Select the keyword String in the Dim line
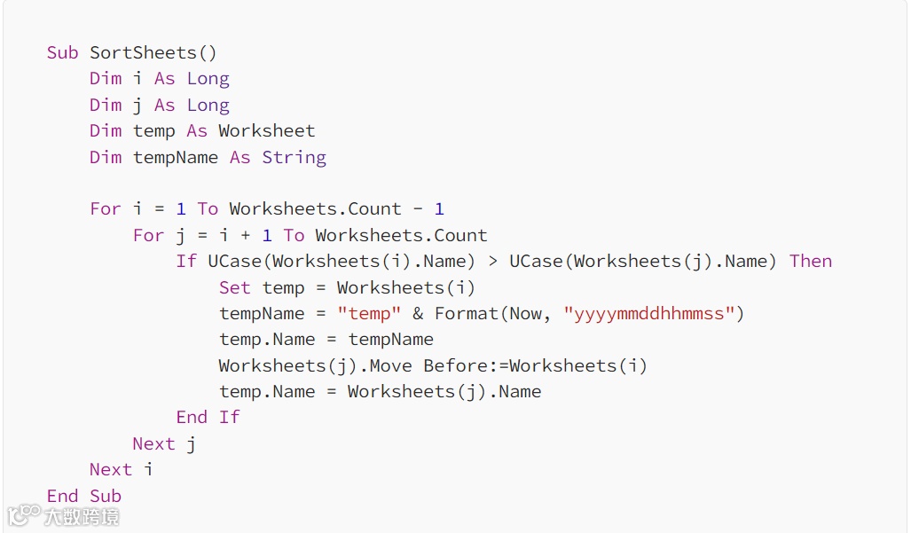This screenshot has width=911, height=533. pos(294,157)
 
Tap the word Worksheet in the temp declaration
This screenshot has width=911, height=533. pos(266,131)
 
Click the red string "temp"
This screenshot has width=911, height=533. pos(369,313)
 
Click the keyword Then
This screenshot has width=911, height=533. pos(811,261)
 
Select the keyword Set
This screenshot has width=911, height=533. pos(235,287)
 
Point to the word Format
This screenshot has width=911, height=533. pos(466,313)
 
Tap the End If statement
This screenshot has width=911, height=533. pos(208,417)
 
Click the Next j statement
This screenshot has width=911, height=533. pos(164,443)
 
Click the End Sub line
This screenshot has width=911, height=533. pos(84,496)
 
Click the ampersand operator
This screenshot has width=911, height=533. pos(418,314)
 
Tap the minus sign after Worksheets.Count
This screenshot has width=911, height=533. pos(418,209)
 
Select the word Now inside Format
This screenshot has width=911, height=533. pos(530,313)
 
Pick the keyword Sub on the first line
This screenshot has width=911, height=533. pos(62,52)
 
